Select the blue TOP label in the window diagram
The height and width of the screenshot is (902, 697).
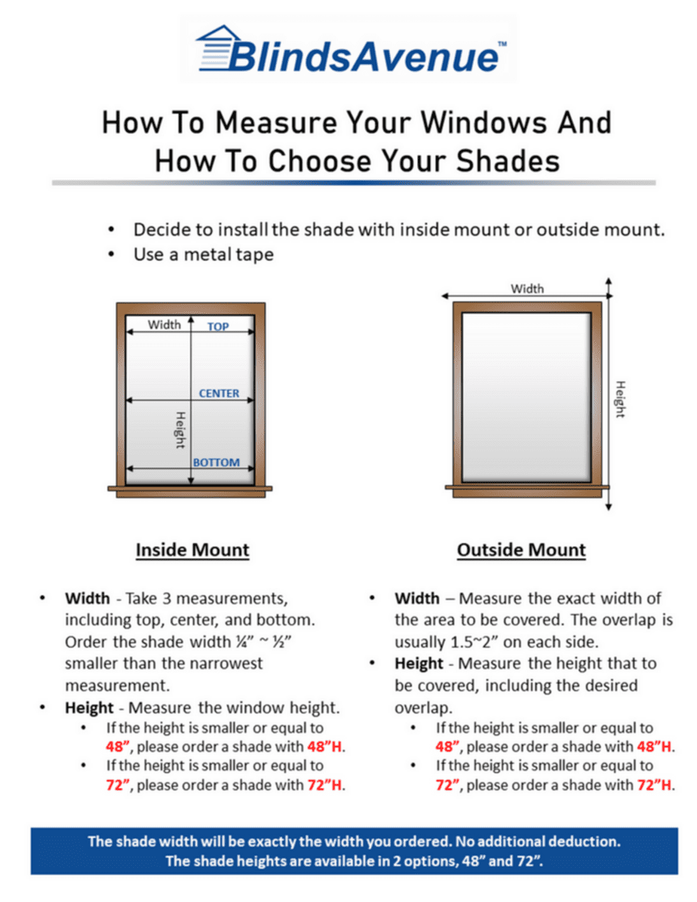[x=218, y=326]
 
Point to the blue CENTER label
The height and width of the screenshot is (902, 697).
[x=219, y=393]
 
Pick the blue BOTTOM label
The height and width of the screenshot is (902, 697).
[x=216, y=462]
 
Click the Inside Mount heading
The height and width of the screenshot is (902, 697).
[x=192, y=550]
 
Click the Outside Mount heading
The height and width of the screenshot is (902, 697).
[x=521, y=550]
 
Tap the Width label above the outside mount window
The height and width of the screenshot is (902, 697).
[x=527, y=289]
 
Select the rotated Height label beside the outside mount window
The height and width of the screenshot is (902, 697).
[x=620, y=399]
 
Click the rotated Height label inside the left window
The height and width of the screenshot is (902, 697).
[x=180, y=429]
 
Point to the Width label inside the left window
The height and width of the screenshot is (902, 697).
[x=164, y=324]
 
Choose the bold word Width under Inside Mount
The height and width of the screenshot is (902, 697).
[x=87, y=598]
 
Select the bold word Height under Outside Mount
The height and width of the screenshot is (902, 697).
[x=419, y=664]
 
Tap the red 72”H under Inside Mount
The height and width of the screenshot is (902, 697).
[x=325, y=785]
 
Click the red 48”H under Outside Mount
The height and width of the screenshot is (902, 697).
[x=654, y=747]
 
